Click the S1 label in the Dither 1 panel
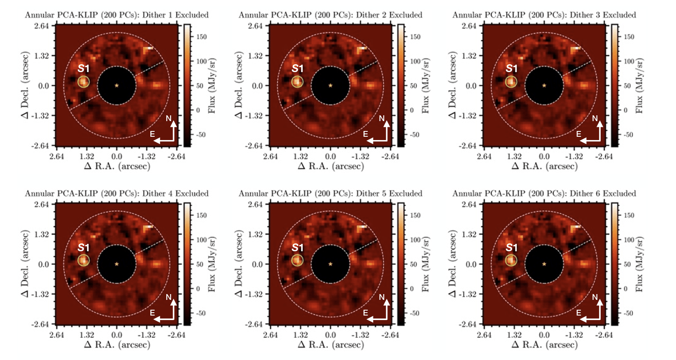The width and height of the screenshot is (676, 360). pyautogui.click(x=84, y=68)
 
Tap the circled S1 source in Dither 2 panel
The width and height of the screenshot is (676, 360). pyautogui.click(x=297, y=82)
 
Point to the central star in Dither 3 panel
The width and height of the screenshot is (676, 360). pyautogui.click(x=544, y=85)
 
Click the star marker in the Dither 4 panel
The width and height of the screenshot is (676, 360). pyautogui.click(x=117, y=264)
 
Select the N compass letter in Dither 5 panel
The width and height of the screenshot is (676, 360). pyautogui.click(x=382, y=297)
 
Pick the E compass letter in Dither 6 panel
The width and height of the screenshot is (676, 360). pyautogui.click(x=578, y=313)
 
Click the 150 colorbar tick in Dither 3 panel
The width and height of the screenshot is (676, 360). pyautogui.click(x=629, y=37)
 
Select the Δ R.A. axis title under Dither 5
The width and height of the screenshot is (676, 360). pyautogui.click(x=331, y=344)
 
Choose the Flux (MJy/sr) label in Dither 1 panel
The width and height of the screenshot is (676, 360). pyautogui.click(x=212, y=85)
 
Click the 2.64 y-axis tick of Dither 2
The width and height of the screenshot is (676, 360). pyautogui.click(x=255, y=26)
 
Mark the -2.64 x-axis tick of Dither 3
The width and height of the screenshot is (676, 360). pyautogui.click(x=604, y=157)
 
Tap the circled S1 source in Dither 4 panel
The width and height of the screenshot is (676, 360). pyautogui.click(x=84, y=260)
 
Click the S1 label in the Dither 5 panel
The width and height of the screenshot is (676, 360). pyautogui.click(x=297, y=248)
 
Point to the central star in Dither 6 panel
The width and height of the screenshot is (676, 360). pyautogui.click(x=544, y=264)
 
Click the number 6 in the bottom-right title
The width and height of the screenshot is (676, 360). pyautogui.click(x=599, y=194)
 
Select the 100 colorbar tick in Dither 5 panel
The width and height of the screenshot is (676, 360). pyautogui.click(x=415, y=240)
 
